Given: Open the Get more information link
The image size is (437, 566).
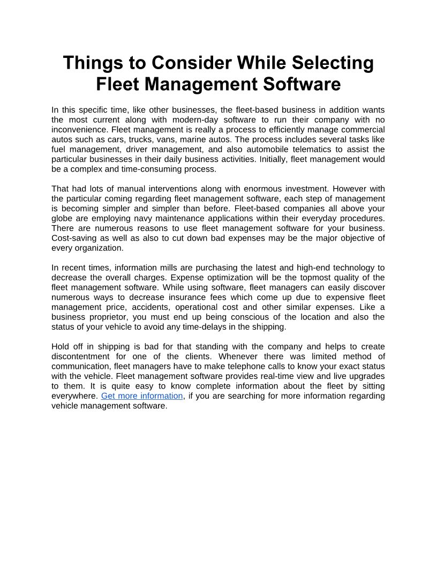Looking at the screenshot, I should coord(142,396).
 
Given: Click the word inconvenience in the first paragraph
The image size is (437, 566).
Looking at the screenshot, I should coord(79,130).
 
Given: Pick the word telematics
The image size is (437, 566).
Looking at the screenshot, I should coord(317,150).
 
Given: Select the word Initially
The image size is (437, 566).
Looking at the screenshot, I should coord(273,159).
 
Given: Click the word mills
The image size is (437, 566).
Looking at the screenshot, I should coord(170,267).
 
